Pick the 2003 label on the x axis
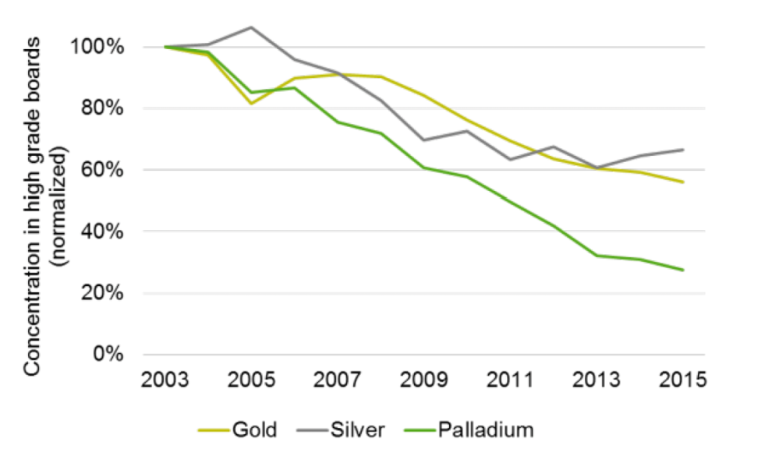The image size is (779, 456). (165, 383)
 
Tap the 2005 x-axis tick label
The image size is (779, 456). (253, 383)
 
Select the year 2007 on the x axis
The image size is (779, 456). (337, 383)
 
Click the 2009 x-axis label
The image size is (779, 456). (423, 383)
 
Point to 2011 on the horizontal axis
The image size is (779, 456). (510, 383)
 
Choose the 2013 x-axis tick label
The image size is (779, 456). (597, 383)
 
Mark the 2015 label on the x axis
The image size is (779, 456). (682, 383)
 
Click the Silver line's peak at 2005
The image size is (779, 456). (251, 27)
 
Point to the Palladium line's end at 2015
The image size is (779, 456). (683, 270)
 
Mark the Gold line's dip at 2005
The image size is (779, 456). (251, 103)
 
